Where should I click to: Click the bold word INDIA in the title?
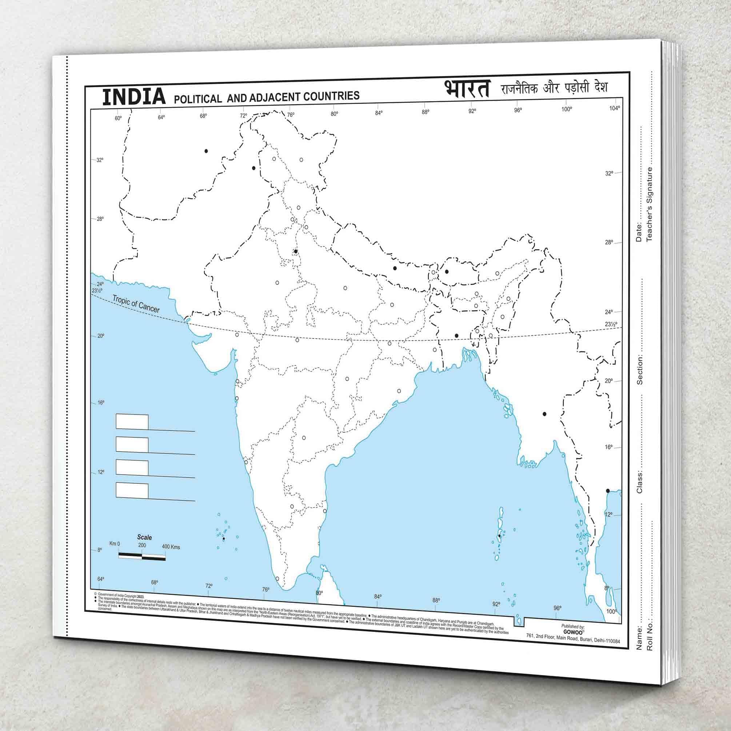(134, 96)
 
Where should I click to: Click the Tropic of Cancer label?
(136, 304)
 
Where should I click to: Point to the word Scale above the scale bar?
(144, 537)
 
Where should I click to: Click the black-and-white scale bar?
(142, 555)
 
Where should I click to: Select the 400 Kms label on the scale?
(171, 547)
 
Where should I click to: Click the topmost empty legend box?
(132, 422)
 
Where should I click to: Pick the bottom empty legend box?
(132, 490)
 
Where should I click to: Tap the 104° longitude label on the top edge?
(615, 108)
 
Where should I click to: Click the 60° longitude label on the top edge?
(118, 118)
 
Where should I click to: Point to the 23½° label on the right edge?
(611, 324)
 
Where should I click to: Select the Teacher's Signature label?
(649, 204)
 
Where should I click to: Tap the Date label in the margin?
(639, 232)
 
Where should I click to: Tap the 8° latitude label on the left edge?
(100, 550)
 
